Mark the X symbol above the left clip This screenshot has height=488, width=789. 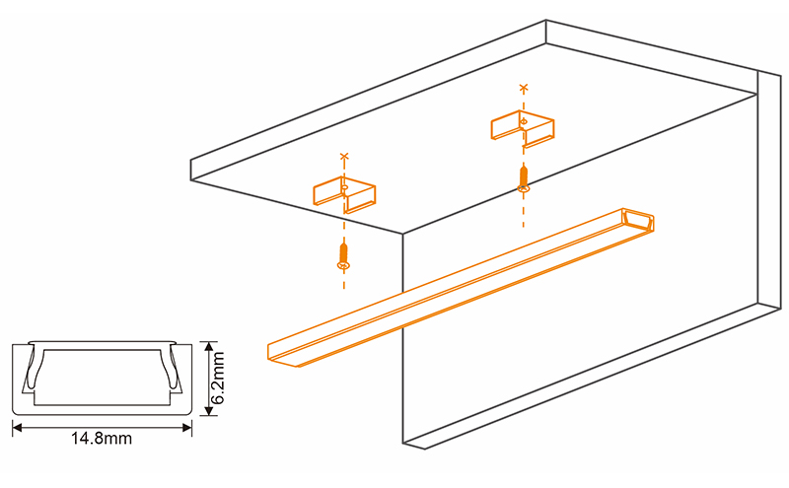[343, 157]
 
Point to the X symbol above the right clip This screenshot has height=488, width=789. [523, 90]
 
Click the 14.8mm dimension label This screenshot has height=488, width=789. [103, 440]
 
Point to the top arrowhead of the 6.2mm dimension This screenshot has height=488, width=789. [206, 345]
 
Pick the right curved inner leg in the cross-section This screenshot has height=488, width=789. [176, 372]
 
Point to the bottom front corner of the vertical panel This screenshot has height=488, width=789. [403, 445]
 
